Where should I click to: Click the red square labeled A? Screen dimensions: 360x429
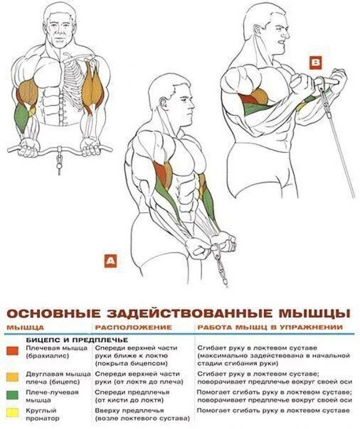(x=111, y=260)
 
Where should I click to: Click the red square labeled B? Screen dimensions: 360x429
(x=316, y=63)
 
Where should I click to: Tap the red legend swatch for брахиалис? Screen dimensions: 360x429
(x=12, y=351)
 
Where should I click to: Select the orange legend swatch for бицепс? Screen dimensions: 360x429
(x=12, y=377)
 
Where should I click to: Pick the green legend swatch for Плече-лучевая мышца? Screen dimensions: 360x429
(x=12, y=395)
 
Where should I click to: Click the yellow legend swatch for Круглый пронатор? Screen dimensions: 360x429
(x=12, y=412)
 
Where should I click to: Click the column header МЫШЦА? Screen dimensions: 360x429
(x=25, y=327)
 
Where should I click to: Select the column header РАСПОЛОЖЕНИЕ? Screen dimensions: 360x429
(x=133, y=327)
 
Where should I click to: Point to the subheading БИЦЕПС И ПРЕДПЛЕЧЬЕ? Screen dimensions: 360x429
(x=77, y=340)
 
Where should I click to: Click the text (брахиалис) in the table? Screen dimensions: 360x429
(x=47, y=356)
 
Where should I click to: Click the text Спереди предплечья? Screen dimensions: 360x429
(x=132, y=392)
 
